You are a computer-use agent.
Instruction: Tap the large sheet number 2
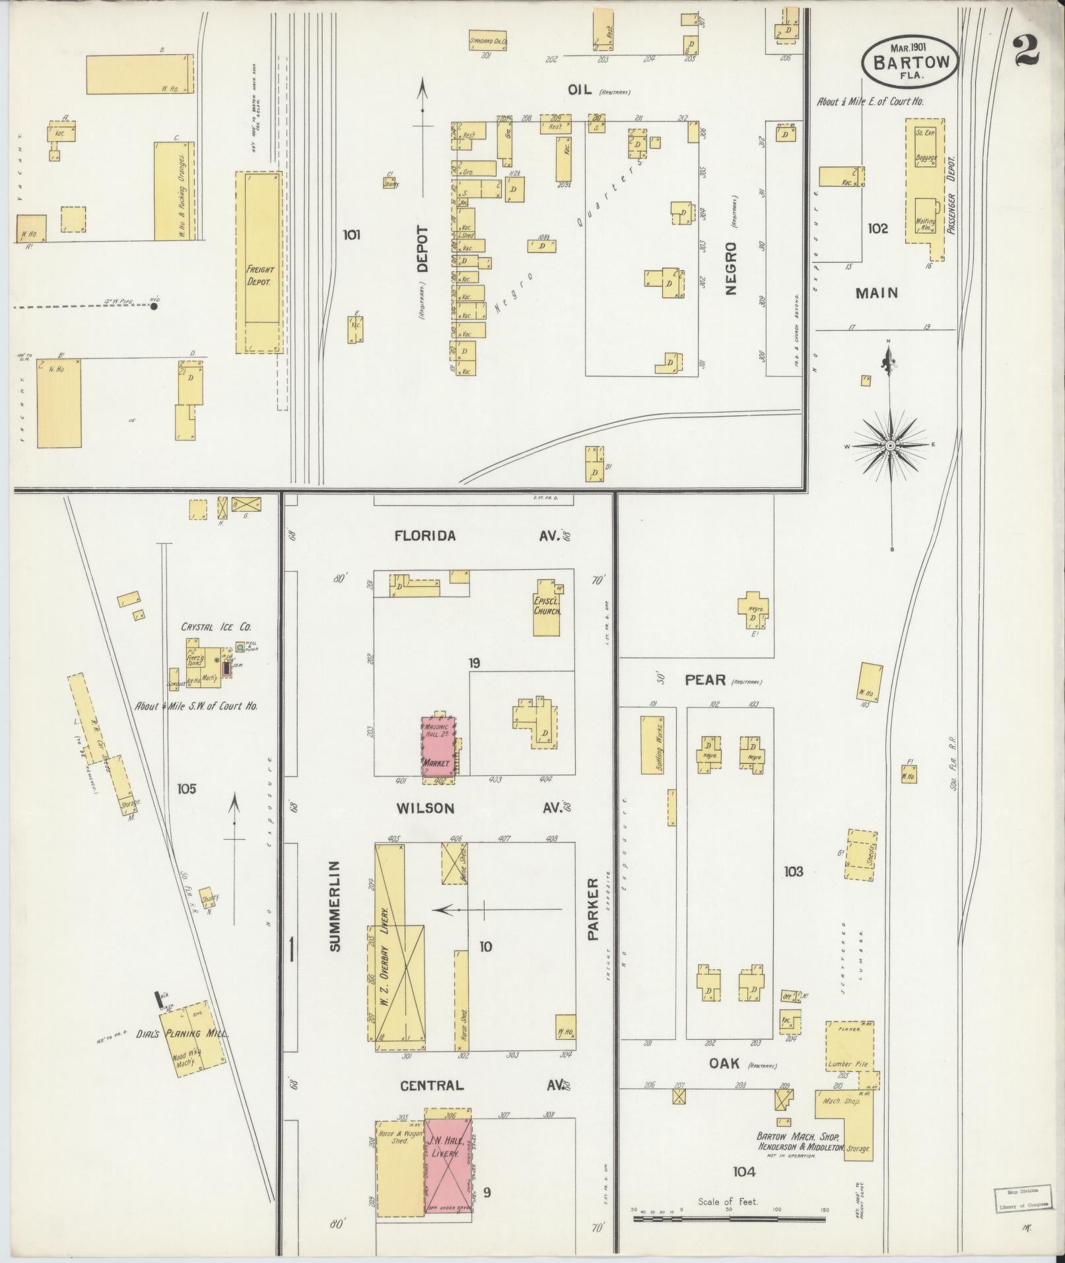[x=1027, y=51]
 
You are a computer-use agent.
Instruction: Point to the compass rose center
[x=891, y=446]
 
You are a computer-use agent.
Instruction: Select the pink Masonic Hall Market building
[x=438, y=749]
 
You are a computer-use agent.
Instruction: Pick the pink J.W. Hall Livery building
[x=448, y=1159]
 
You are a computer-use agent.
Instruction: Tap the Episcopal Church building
[x=547, y=608]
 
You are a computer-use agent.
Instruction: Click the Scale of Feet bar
[x=729, y=1216]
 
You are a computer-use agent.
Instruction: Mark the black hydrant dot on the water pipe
[x=154, y=306]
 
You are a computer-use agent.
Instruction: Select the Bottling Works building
[x=651, y=744]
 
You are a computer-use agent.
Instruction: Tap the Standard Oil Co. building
[x=488, y=40]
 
